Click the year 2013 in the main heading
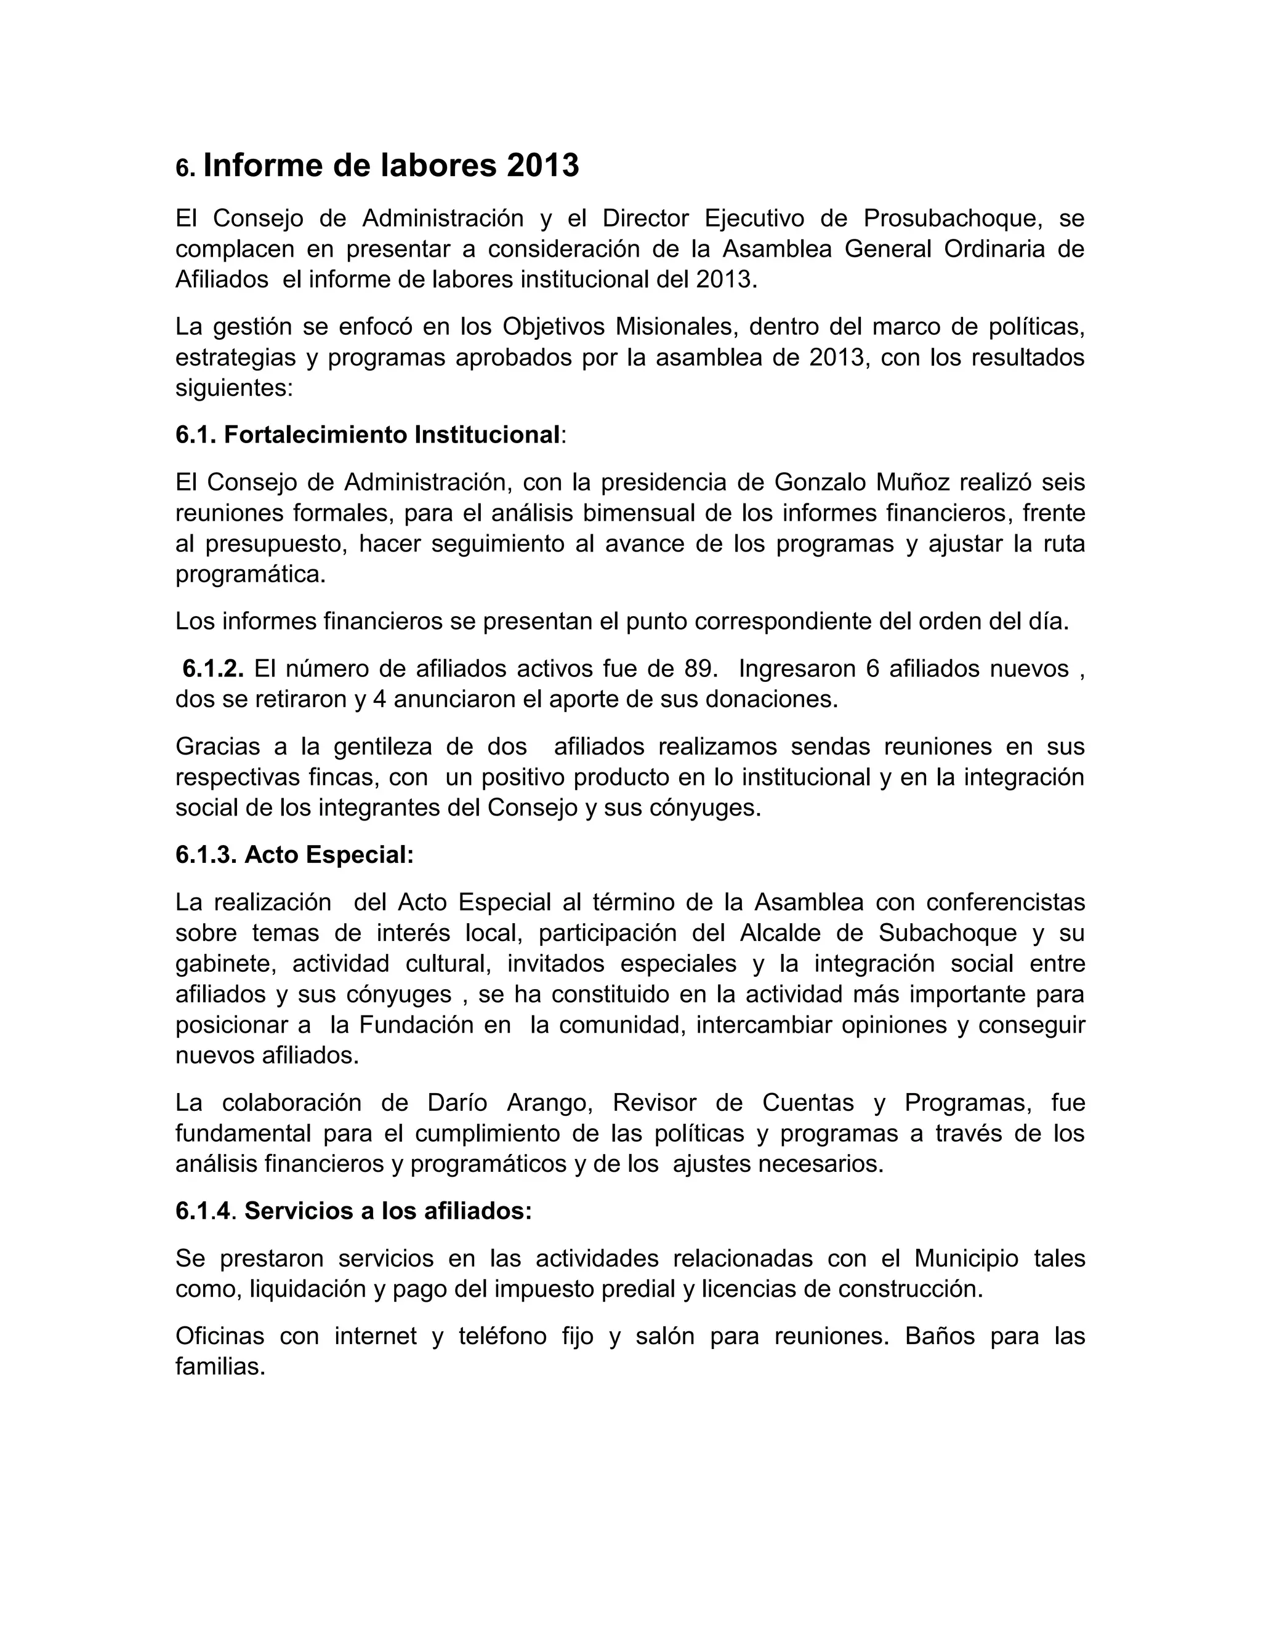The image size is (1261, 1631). coord(542,166)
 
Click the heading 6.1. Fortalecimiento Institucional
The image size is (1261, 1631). coord(368,435)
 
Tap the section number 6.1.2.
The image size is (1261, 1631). coord(214,668)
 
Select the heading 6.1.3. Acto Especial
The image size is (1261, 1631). coord(294,855)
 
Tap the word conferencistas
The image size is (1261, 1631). coord(1005,902)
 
